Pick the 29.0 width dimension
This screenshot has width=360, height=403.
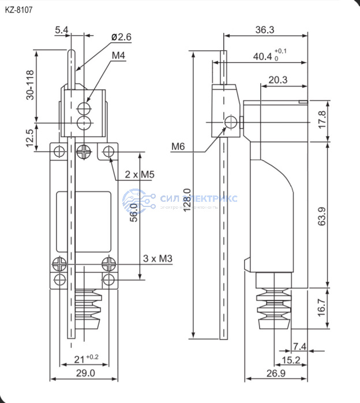point(85,373)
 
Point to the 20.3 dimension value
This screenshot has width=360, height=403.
point(278,80)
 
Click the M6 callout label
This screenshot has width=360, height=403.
point(178,146)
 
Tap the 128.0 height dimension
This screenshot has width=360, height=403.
point(186,199)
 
